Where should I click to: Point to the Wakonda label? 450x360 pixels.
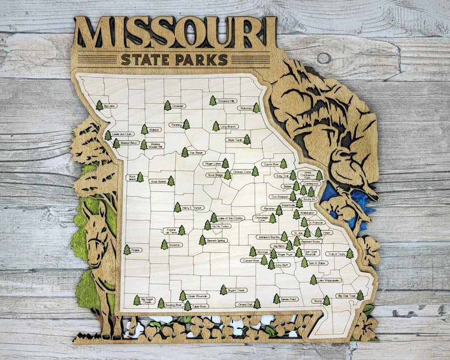245,108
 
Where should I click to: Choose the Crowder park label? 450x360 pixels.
179,105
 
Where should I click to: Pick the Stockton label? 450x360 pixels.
175,245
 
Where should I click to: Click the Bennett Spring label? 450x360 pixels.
217,241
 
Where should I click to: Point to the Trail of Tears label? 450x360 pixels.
336,254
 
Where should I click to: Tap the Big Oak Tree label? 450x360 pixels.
346,296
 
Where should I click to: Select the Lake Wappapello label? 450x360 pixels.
329,280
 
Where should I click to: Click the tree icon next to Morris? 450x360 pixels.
326,300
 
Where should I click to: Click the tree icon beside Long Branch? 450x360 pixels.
215,126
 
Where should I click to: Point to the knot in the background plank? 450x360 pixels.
324,58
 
